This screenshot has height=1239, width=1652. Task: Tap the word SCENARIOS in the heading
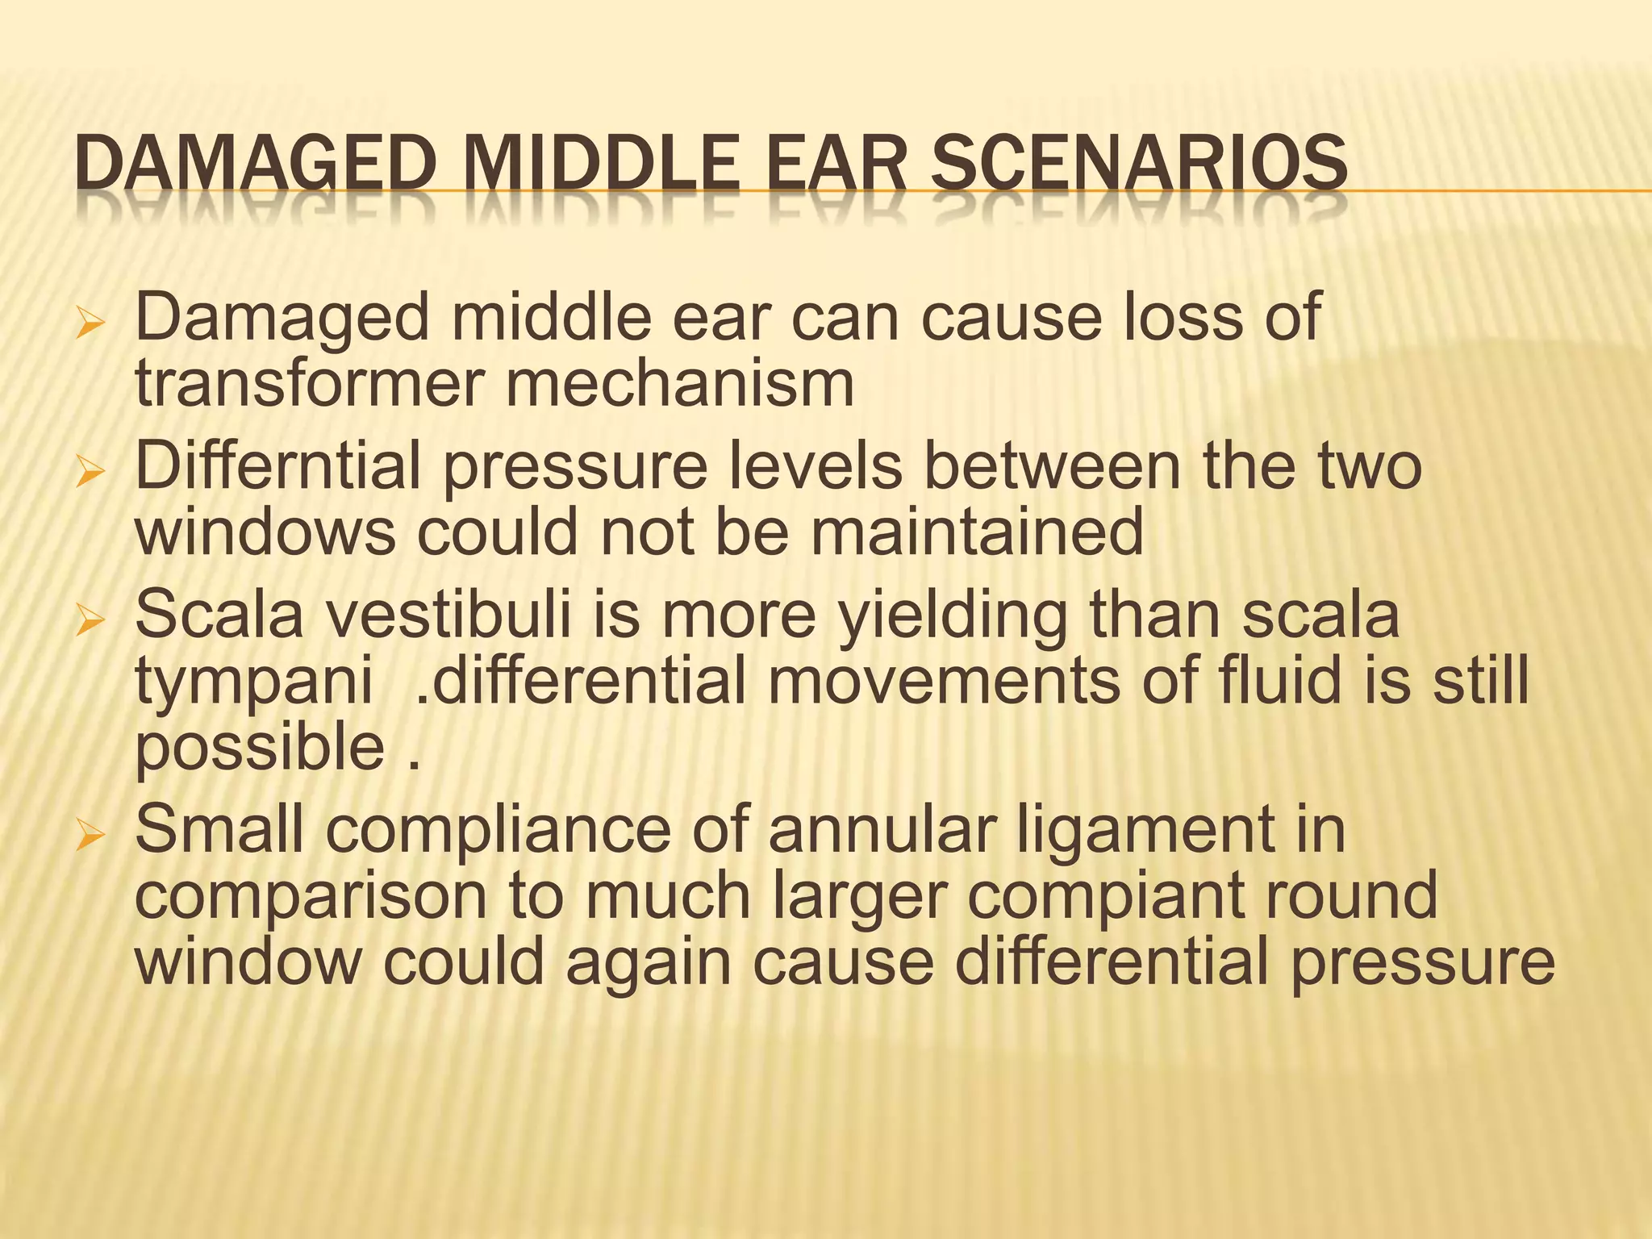point(1138,164)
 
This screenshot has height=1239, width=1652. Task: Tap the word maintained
point(977,532)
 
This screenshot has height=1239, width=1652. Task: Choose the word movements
point(943,681)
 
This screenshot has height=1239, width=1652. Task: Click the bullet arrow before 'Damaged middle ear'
point(90,326)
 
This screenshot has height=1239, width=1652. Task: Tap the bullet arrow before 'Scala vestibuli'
point(90,622)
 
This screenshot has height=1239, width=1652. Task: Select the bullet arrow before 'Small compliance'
point(90,837)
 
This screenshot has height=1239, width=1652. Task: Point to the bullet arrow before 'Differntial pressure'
point(90,473)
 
